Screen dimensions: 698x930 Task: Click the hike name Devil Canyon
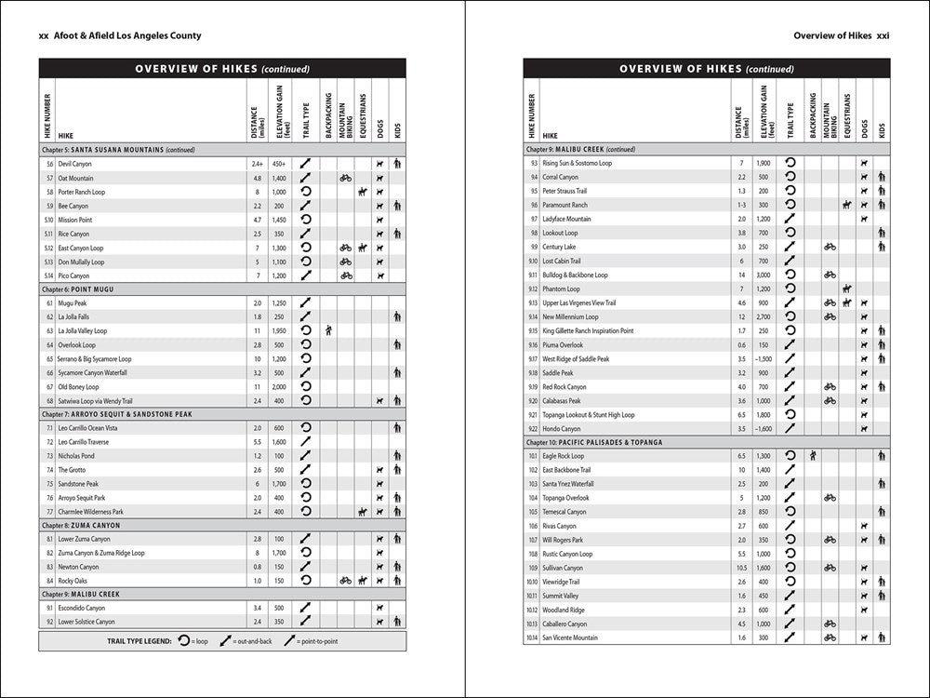pos(74,164)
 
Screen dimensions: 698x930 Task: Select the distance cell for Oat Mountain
pos(257,178)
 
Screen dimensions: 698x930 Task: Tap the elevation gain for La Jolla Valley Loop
pos(279,330)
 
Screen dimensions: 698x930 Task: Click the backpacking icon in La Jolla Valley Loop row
pos(328,330)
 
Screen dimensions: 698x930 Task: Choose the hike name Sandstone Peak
pos(78,484)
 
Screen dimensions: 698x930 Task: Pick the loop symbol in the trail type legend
pos(183,641)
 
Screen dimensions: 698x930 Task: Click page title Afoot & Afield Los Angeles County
pos(119,36)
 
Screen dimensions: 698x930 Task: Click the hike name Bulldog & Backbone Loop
pos(575,275)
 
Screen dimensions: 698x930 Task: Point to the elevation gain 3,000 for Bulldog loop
pos(763,275)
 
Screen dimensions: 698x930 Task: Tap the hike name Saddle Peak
pos(558,372)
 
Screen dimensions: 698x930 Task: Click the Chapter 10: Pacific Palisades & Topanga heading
pos(594,442)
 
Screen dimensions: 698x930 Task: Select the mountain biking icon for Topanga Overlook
pos(830,498)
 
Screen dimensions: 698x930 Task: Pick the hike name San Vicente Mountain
pos(570,638)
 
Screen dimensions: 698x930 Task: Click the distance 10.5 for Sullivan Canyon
pos(741,568)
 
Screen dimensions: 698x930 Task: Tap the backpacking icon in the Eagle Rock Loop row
pos(813,456)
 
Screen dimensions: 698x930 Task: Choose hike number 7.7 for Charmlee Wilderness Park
pos(49,512)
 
